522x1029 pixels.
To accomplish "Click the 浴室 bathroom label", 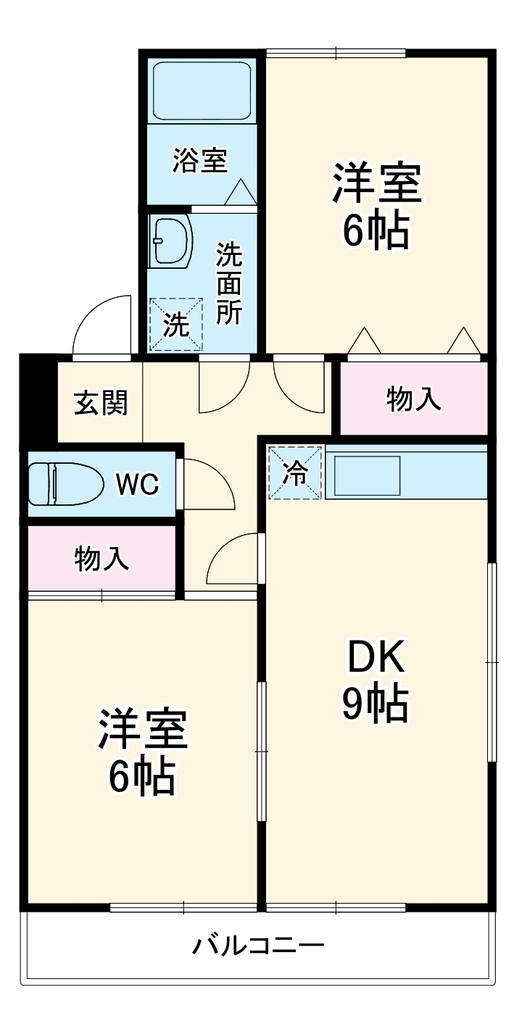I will [199, 160].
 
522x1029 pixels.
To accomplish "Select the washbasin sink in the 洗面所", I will [171, 242].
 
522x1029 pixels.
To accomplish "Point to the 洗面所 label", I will [230, 283].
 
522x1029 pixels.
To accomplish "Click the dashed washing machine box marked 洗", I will [175, 325].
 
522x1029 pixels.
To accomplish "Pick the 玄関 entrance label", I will [101, 402].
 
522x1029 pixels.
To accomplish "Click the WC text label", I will [138, 484].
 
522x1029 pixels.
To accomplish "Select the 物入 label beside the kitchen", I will [414, 399].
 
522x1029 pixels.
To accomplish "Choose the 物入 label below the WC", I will [102, 559].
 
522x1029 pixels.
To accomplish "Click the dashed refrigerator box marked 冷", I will [295, 473].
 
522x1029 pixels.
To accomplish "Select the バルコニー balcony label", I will [258, 946].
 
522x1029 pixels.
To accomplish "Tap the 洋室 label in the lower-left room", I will [144, 729].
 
